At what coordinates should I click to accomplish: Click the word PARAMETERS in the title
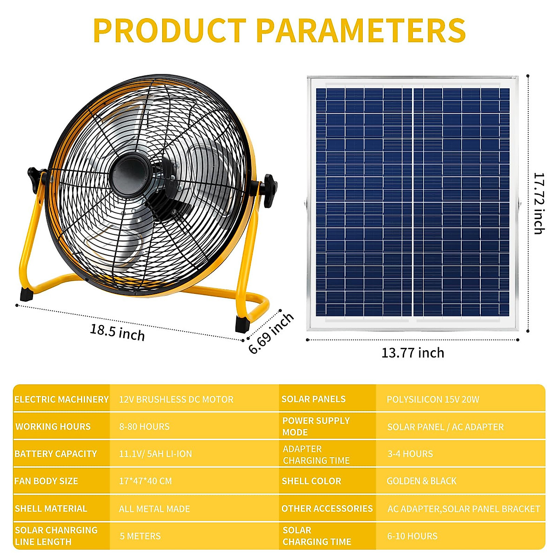[x=361, y=31]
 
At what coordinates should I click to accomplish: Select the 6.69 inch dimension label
[x=271, y=333]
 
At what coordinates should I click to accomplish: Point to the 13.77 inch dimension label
[x=412, y=353]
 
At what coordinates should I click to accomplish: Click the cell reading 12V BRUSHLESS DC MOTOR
[x=176, y=399]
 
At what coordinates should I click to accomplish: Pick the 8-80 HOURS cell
[x=144, y=426]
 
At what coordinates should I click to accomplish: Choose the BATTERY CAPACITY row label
[x=56, y=454]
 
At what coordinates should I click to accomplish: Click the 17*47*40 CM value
[x=145, y=481]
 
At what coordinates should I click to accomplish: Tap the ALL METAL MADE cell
[x=154, y=509]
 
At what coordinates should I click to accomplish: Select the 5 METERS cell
[x=140, y=536]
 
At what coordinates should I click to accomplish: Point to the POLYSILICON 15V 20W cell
[x=432, y=399]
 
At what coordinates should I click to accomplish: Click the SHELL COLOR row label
[x=311, y=481]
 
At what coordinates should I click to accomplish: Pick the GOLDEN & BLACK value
[x=421, y=481]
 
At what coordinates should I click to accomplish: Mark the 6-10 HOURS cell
[x=412, y=536]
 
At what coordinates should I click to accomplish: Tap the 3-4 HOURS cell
[x=410, y=454]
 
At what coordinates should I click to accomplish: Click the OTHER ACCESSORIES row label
[x=327, y=509]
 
